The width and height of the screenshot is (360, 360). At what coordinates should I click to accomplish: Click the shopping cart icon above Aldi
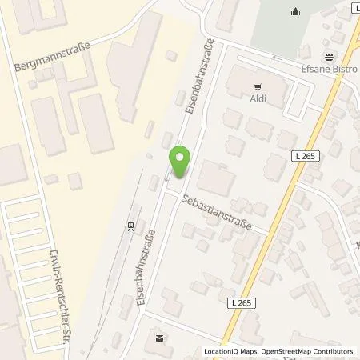(257, 85)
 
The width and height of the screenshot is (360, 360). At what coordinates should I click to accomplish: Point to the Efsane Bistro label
(330, 70)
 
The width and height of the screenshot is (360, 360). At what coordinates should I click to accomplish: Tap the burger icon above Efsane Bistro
(330, 57)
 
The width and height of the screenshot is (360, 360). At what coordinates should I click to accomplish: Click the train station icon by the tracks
(130, 226)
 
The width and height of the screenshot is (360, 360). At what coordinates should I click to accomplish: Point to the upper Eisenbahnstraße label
(199, 78)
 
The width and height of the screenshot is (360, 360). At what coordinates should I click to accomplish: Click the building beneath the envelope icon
(161, 350)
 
